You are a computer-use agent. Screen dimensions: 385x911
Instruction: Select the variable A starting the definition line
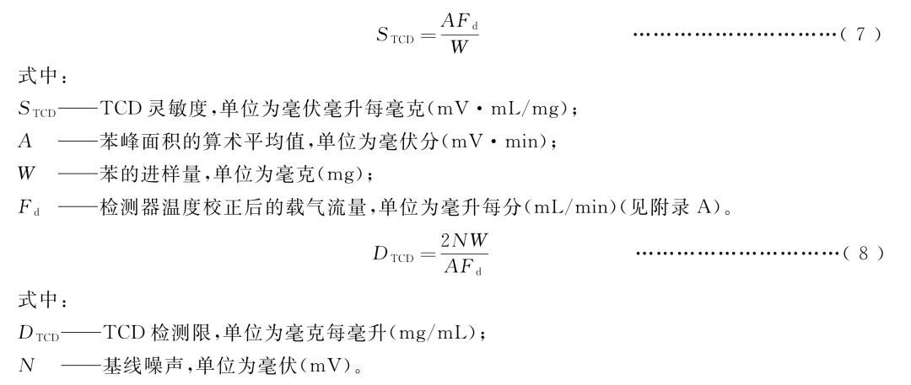(x=24, y=144)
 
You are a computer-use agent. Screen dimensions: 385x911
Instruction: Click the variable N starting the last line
(x=25, y=368)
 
